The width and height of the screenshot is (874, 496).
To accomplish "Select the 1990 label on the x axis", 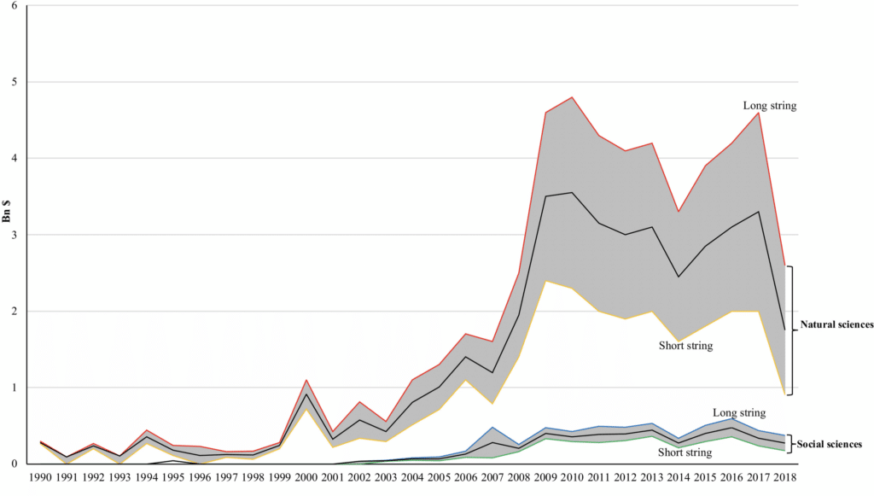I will pos(39,476).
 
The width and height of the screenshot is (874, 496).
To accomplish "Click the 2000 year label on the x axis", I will pos(306,476).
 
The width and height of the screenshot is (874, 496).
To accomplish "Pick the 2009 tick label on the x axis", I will pos(545,476).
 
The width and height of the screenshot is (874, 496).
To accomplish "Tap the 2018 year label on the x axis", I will pos(784,476).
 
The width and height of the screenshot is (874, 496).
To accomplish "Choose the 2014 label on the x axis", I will pos(678,476).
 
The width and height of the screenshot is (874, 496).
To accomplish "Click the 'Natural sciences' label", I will pos(836,325).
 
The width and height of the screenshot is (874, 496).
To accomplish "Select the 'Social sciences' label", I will pos(830,445).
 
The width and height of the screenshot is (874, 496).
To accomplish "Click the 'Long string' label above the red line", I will pos(770,106).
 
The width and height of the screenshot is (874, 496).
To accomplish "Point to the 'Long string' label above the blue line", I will pos(739,413).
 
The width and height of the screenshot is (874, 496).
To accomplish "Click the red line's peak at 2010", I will pos(572,97).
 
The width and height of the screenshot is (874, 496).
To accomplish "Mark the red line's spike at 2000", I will pos(306,380).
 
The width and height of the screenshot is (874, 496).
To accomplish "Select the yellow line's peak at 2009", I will pos(545,281).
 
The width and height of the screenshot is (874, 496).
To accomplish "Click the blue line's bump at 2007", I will pos(492,427).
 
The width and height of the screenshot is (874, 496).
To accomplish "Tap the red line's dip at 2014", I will pos(678,212).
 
